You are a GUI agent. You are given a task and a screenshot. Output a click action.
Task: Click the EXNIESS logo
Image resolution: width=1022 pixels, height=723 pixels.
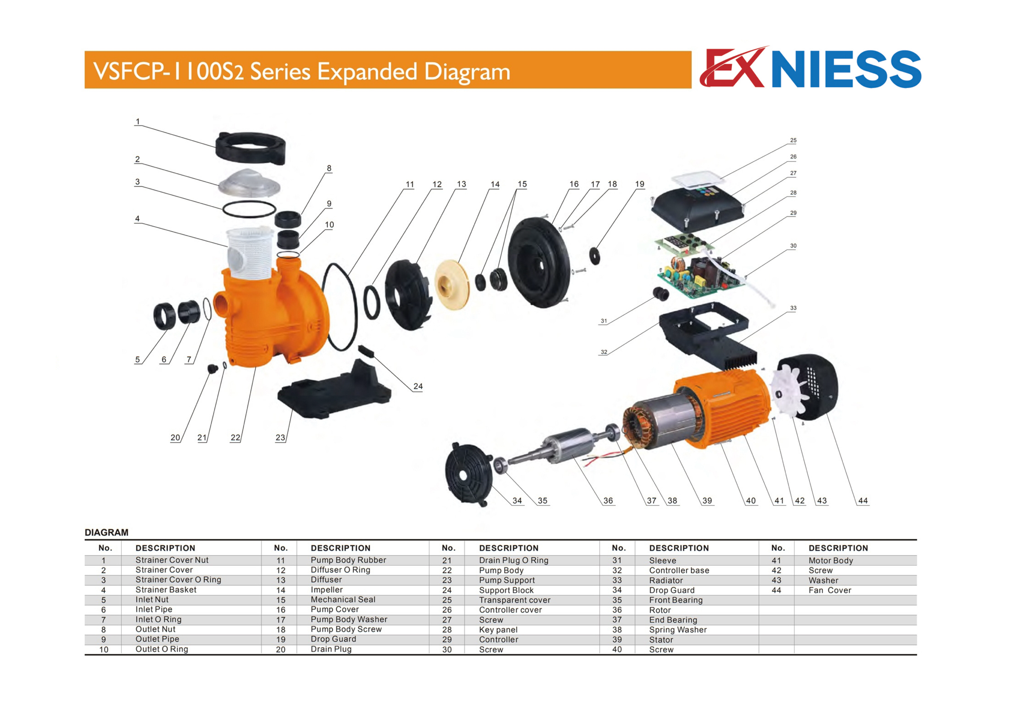point(810,69)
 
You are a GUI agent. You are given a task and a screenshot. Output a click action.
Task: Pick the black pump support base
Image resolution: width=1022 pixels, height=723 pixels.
point(334,392)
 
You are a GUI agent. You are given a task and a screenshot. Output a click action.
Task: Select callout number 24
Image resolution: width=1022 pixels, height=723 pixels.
point(418,386)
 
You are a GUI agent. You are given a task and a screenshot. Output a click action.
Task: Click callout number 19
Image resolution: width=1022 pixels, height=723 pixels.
point(639,184)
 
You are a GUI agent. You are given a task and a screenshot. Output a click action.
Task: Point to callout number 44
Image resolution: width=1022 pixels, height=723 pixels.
point(863,501)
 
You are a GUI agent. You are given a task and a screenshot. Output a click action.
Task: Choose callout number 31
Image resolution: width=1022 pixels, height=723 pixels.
point(603,321)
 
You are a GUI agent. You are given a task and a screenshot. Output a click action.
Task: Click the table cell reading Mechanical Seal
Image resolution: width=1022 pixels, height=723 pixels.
point(343,600)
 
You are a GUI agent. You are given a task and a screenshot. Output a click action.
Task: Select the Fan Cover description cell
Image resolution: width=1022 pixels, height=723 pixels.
point(830,590)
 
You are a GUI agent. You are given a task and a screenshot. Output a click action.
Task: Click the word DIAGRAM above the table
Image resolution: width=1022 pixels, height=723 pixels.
point(106,532)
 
